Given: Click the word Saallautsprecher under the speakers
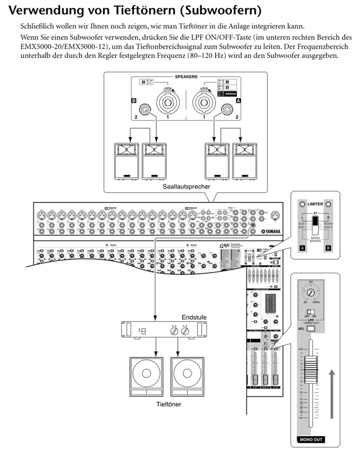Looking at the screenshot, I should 185,186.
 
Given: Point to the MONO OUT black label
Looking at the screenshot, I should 310,439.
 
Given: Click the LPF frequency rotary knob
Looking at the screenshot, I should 312,293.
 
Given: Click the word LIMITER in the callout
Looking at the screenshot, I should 317,204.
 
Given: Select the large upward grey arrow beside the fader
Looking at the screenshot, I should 332,393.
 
